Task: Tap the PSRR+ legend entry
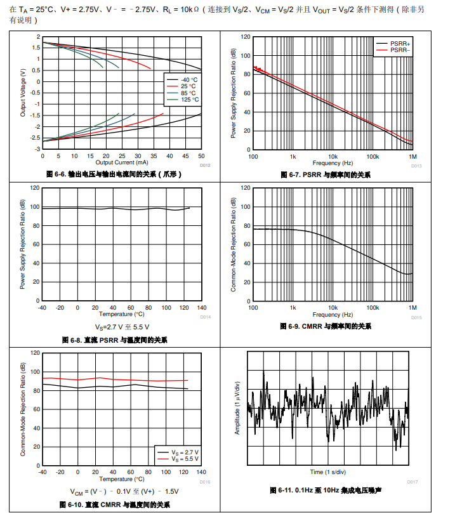point(400,43)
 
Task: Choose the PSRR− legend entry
point(400,49)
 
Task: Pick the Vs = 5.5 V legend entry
point(185,459)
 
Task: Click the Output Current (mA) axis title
point(121,162)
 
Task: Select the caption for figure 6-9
point(325,326)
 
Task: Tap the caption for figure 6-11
point(327,491)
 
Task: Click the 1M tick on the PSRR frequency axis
point(412,156)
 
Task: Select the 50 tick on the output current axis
point(201,155)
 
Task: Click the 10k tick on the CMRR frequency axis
point(333,308)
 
